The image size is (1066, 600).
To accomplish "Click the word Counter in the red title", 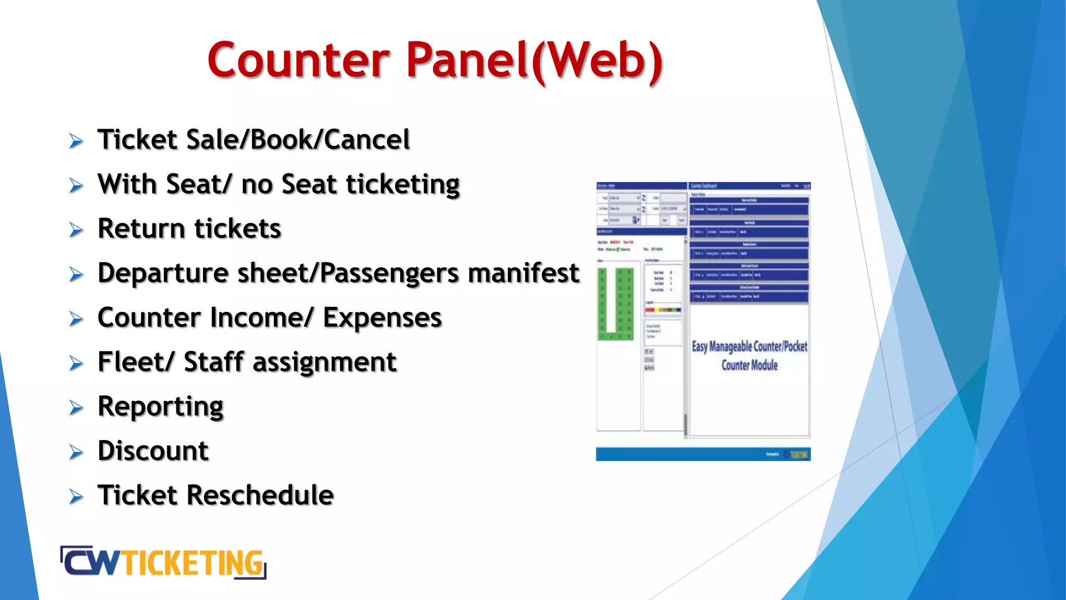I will click(x=298, y=60).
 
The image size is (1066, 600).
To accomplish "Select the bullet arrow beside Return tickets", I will click(x=76, y=230).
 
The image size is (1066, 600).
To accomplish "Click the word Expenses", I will click(x=382, y=318).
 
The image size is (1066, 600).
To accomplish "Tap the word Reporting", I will click(x=160, y=407).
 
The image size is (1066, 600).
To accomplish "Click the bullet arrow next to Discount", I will click(x=76, y=452).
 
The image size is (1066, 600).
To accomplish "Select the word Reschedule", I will click(x=260, y=495).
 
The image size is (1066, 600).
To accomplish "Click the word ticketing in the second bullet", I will click(x=403, y=184).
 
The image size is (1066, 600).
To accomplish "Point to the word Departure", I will click(x=163, y=273).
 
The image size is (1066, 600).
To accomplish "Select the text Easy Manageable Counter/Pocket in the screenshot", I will click(x=749, y=346).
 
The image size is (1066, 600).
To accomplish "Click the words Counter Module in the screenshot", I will click(x=749, y=365).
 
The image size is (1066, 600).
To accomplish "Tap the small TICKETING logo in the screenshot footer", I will click(x=797, y=455).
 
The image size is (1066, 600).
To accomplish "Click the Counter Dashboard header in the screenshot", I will click(x=704, y=186).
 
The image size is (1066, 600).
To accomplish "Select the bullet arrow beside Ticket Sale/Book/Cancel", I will click(x=76, y=141).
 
